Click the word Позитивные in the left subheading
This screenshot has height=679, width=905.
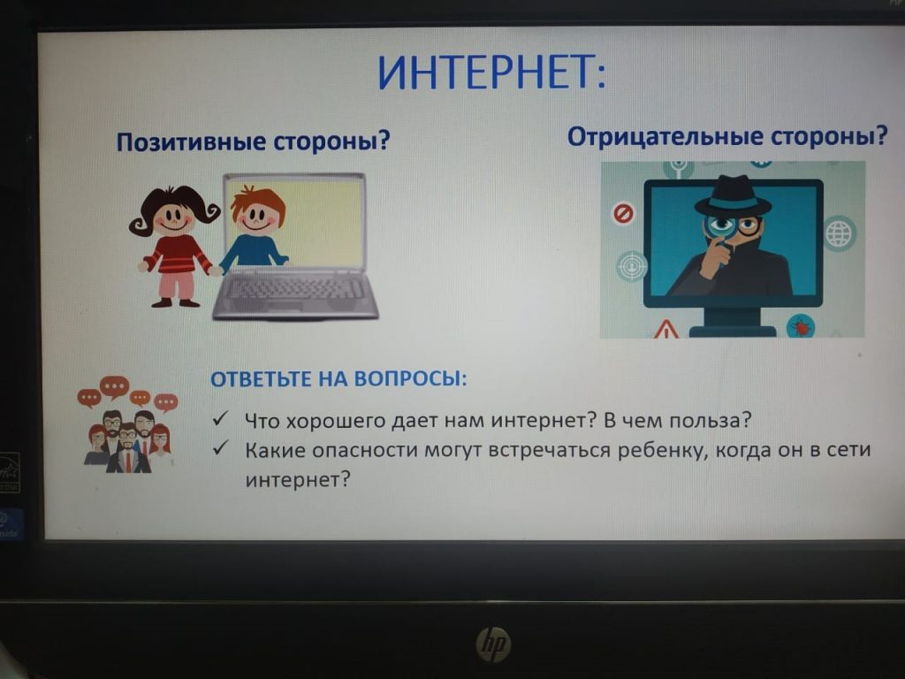[192, 142]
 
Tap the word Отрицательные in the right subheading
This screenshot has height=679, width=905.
[665, 137]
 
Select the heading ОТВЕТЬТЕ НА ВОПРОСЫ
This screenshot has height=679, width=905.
[338, 378]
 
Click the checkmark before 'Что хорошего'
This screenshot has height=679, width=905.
[220, 418]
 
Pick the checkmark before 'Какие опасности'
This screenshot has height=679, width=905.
[220, 448]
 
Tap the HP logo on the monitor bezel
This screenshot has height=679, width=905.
[493, 645]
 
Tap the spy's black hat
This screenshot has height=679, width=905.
[733, 195]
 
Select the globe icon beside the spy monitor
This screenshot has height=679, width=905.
[839, 233]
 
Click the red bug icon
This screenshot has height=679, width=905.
[801, 327]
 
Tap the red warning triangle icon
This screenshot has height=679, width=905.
[666, 329]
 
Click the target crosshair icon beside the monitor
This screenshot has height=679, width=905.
[632, 267]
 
